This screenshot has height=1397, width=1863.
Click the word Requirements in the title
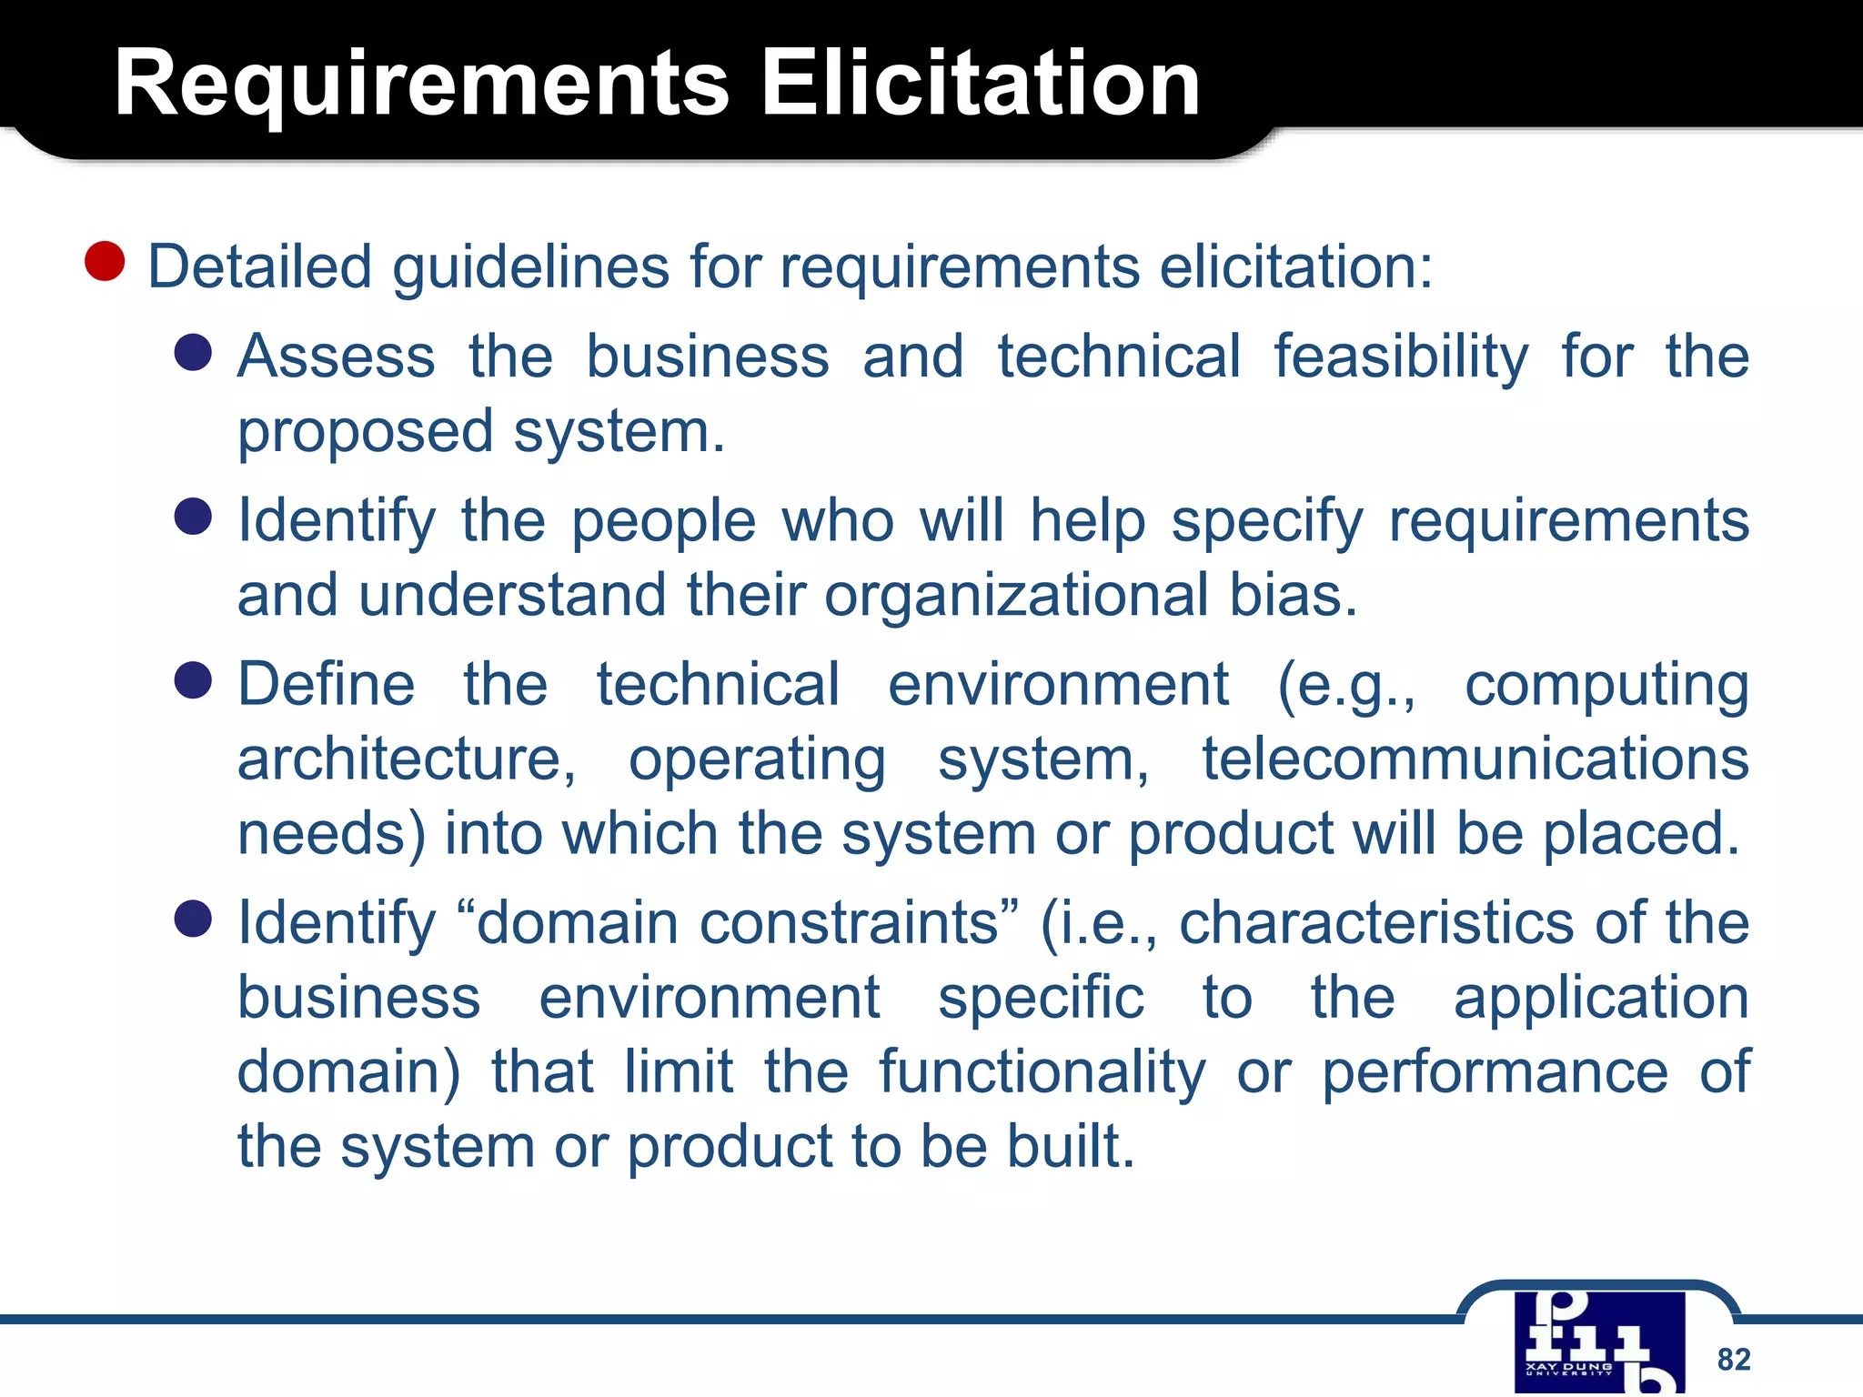click(x=421, y=85)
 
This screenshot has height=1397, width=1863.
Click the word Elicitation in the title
click(x=980, y=85)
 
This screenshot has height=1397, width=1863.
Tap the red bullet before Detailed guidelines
click(x=105, y=261)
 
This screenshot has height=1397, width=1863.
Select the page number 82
click(x=1734, y=1359)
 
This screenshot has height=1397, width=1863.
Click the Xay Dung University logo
click(x=1599, y=1342)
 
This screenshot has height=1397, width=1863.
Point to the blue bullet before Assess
click(x=193, y=352)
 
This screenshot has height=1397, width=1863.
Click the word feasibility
click(x=1401, y=357)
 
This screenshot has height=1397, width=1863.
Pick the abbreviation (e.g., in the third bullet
click(x=1346, y=686)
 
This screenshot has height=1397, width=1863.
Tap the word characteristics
click(x=1376, y=923)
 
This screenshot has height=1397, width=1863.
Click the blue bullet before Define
click(x=193, y=680)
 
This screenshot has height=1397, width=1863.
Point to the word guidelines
click(x=530, y=268)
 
